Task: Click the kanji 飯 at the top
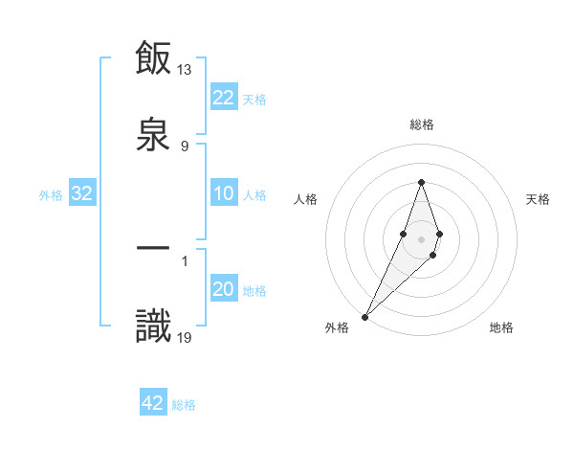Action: [153, 59]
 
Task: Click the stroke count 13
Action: [185, 69]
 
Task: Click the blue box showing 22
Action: [224, 98]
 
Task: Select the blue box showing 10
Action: [224, 194]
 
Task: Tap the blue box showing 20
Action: [224, 290]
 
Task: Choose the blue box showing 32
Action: [82, 194]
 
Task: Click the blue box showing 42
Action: [153, 403]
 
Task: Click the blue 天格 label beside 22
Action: [254, 99]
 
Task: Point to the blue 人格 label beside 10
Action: [254, 195]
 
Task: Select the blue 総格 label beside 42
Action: [184, 404]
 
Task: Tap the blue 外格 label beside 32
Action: [51, 195]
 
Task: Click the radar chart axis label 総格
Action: [421, 124]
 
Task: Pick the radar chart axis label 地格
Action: [501, 327]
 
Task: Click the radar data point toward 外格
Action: [365, 315]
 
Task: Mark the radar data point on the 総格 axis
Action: [421, 182]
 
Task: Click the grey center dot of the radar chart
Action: [421, 237]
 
